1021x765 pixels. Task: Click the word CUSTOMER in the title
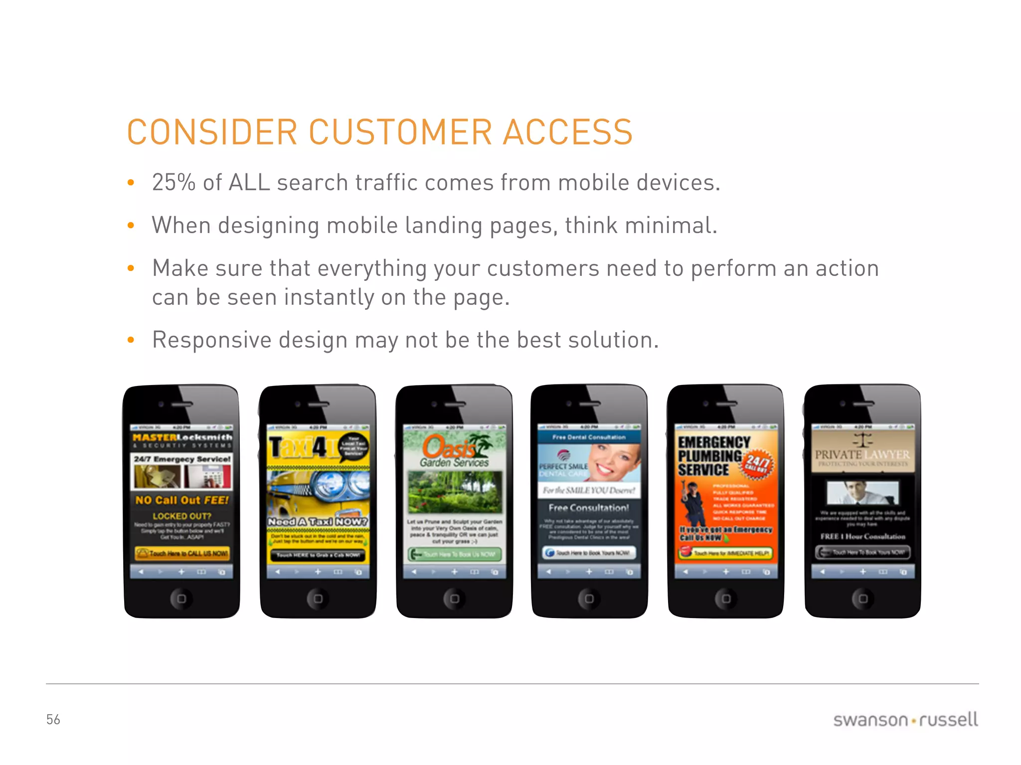(x=401, y=132)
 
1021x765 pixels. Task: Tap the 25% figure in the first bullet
(x=173, y=182)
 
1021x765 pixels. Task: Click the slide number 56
(x=53, y=719)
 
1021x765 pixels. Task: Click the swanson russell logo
(x=905, y=720)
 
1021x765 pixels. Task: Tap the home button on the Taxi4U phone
(x=318, y=598)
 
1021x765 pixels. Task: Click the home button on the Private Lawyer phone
(x=863, y=598)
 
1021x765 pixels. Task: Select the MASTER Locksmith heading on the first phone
(x=182, y=438)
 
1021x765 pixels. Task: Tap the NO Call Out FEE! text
(x=182, y=500)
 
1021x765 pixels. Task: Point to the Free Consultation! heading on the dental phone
(x=589, y=508)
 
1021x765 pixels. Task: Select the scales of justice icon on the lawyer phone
(x=862, y=440)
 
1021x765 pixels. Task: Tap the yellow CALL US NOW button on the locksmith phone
(x=182, y=553)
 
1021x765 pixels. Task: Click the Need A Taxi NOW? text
(x=318, y=521)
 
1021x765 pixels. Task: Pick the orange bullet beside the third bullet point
(x=131, y=268)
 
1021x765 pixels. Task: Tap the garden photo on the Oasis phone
(x=455, y=492)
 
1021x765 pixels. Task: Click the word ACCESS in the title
(x=567, y=132)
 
